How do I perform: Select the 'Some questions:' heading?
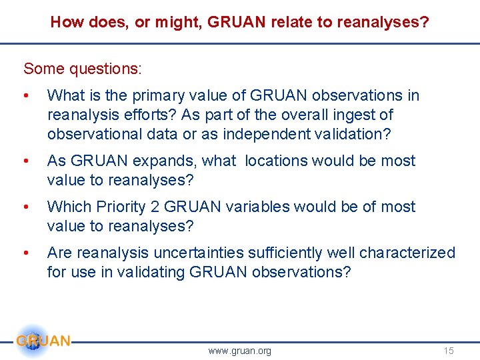tap(83, 69)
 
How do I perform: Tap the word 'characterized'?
tap(407, 253)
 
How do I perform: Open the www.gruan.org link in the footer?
tap(239, 351)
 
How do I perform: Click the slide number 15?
tap(448, 351)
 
